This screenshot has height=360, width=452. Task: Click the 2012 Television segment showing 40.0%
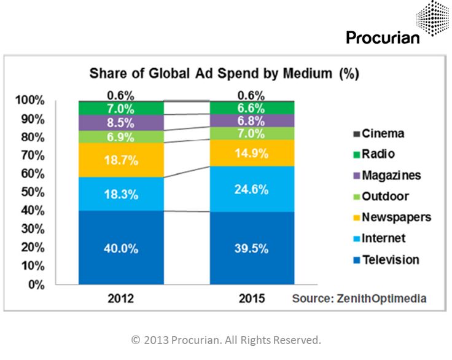click(x=122, y=248)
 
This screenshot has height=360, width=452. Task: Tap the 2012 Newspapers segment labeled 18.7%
click(x=122, y=161)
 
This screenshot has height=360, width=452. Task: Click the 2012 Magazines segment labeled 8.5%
click(x=122, y=122)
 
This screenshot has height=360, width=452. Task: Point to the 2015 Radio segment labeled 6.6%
click(x=252, y=108)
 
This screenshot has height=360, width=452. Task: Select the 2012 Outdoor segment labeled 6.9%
click(x=122, y=137)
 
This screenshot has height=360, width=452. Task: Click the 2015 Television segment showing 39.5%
click(x=252, y=248)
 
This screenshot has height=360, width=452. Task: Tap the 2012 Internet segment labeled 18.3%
click(x=122, y=195)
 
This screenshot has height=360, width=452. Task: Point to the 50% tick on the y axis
click(x=30, y=192)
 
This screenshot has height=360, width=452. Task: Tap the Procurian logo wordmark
click(x=383, y=37)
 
